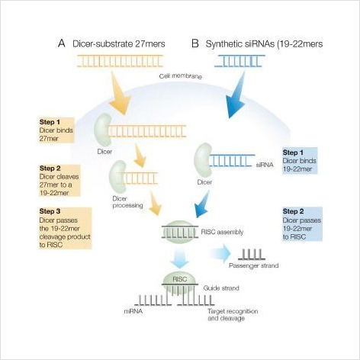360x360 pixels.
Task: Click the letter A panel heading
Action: tap(62, 43)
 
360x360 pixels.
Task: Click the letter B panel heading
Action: tap(195, 43)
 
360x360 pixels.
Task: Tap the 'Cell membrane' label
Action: tap(181, 76)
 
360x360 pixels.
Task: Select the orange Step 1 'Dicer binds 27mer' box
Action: tap(56, 130)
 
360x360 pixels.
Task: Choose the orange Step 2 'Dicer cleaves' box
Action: tap(59, 181)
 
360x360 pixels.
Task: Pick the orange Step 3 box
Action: tap(66, 228)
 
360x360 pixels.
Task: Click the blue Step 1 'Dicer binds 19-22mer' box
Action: tap(300, 161)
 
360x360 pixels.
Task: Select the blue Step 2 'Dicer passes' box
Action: tap(302, 224)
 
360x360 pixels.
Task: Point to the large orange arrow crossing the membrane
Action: tap(119, 93)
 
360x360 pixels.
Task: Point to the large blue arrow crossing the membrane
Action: tap(236, 95)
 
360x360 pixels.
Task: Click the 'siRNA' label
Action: tap(265, 165)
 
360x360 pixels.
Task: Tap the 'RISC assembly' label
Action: tap(222, 232)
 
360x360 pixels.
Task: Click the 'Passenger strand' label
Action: tap(254, 265)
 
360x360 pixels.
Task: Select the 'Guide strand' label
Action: tap(221, 288)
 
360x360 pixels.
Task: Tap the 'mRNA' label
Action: tap(133, 311)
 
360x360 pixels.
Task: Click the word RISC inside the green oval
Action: tap(180, 279)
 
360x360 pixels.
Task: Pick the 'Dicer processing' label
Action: tap(127, 202)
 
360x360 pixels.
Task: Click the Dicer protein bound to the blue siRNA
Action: tap(203, 160)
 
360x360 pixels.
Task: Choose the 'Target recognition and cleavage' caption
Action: tap(233, 315)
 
